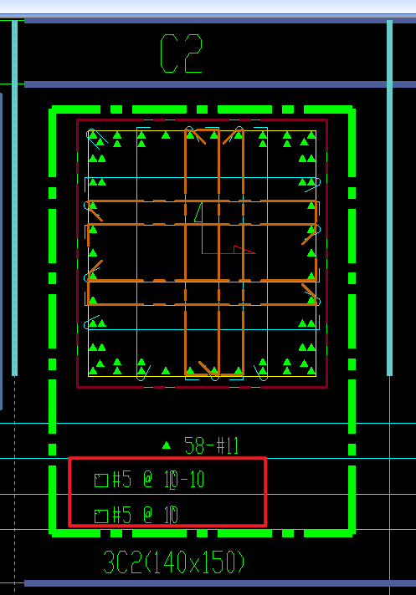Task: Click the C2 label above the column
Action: tap(182, 53)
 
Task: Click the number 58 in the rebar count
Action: tap(194, 445)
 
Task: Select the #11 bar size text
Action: tap(227, 445)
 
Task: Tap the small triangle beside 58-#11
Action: tap(167, 445)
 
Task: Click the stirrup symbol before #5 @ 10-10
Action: tap(101, 480)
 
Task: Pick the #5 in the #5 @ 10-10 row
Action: tap(122, 480)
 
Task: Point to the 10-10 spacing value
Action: tap(184, 480)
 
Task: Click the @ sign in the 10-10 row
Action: tap(148, 480)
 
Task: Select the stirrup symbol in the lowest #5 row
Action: tap(101, 516)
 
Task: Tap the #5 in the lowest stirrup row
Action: tap(122, 516)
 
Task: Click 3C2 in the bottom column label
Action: tap(122, 562)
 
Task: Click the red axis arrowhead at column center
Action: tap(244, 250)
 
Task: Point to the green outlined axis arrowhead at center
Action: tap(198, 212)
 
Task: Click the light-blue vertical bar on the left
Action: tap(14, 197)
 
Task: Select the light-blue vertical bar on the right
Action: tap(389, 197)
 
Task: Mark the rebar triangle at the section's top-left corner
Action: tap(93, 135)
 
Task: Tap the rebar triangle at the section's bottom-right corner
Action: tap(311, 371)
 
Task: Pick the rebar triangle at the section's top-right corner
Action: tap(311, 135)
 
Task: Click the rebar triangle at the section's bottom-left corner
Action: tap(93, 371)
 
